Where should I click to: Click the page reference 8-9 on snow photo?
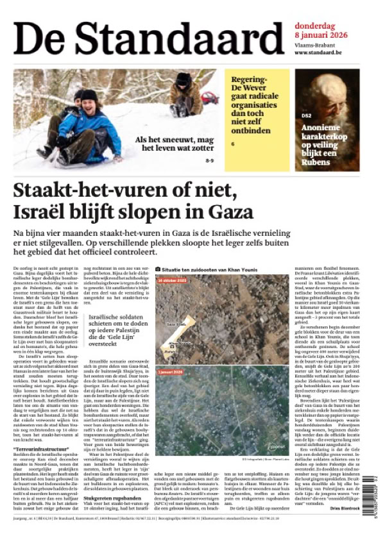210,160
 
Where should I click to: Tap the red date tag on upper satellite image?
171,279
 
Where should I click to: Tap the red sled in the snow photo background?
210,97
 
